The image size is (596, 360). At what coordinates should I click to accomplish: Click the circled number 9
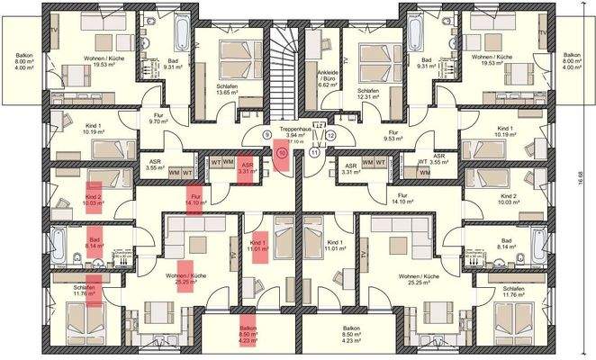pos(266,135)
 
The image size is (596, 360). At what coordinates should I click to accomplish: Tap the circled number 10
pos(282,153)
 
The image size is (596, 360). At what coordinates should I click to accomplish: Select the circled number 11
pos(315,153)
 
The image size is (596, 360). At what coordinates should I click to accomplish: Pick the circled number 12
pos(330,135)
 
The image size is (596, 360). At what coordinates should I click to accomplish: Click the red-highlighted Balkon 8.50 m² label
pos(248,333)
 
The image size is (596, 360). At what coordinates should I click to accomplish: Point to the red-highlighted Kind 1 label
pos(258,245)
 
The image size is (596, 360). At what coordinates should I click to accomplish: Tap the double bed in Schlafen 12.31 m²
pos(370,58)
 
